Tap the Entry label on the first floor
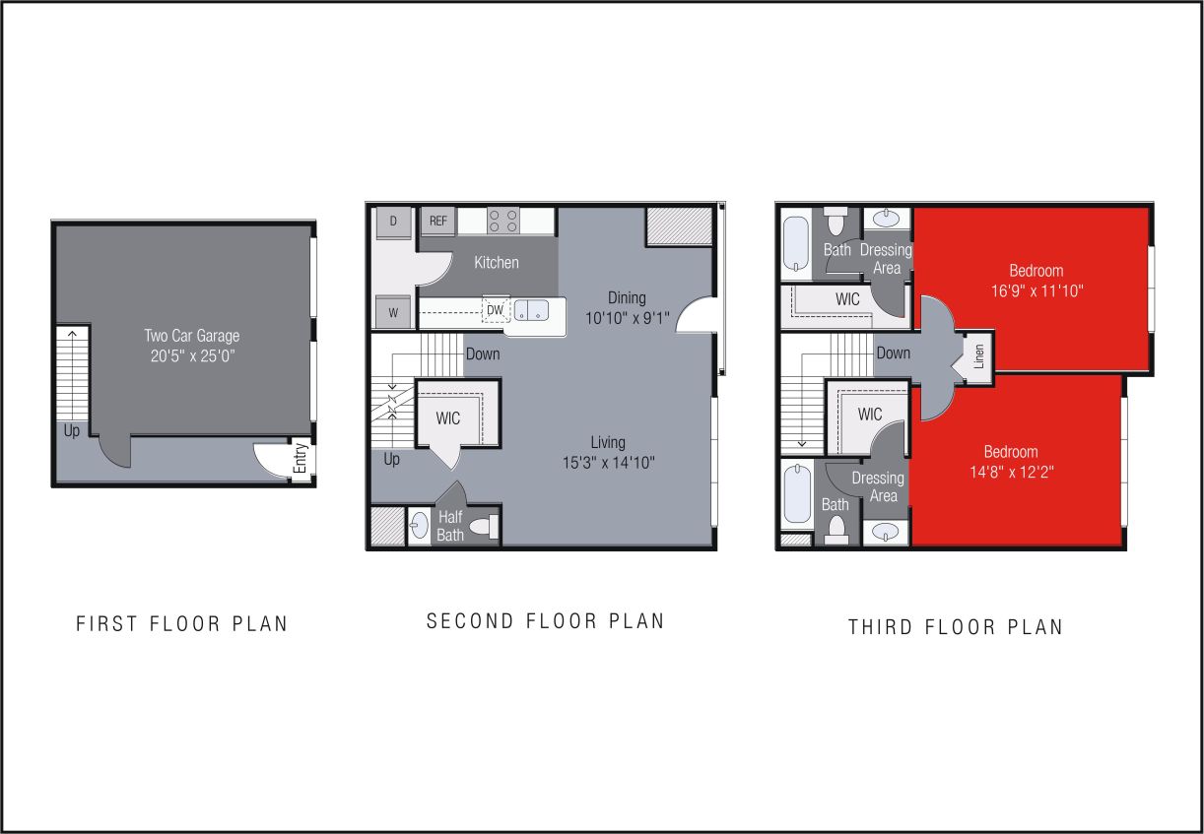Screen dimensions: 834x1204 pos(301,460)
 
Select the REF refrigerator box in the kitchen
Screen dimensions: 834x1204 pos(437,222)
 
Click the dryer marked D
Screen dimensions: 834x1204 pos(393,222)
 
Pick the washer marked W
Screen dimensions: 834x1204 pos(393,312)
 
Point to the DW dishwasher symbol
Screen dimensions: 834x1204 pos(495,310)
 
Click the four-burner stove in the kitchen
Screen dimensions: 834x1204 pos(503,221)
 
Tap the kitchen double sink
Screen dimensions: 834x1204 pos(533,310)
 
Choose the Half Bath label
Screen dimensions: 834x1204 pos(450,527)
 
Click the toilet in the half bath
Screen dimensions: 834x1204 pos(484,527)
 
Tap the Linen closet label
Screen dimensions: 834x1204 pos(979,355)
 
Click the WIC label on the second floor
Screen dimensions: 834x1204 pos(448,418)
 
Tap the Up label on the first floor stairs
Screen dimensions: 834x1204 pos(71,431)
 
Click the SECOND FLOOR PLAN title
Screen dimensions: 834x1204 pos(545,621)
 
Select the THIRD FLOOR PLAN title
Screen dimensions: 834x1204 pos(956,627)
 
